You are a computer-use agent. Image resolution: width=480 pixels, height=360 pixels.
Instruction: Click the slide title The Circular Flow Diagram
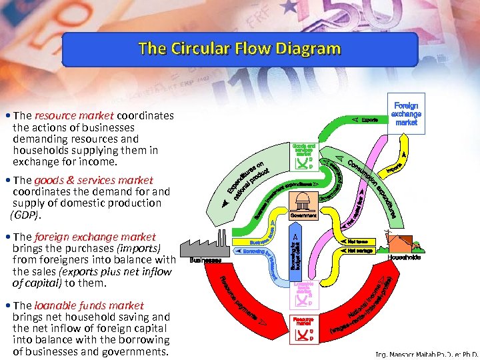239,49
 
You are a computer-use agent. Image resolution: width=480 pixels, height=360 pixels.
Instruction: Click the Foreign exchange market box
406,114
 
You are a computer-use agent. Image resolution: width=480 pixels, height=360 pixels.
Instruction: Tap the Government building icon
303,203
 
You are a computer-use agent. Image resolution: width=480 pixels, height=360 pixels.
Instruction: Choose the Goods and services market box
303,156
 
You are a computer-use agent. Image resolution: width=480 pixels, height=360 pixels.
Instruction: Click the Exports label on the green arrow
369,120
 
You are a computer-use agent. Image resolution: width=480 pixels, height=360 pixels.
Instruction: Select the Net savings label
359,251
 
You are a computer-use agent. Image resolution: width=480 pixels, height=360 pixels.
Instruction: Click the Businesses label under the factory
205,260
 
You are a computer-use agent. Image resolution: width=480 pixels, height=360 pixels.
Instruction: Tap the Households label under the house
404,257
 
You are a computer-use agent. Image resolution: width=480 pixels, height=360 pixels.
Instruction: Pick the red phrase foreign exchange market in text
95,237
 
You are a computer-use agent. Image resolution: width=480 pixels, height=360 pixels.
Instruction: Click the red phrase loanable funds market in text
89,305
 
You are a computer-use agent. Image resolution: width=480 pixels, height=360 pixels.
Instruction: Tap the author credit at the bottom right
427,355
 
